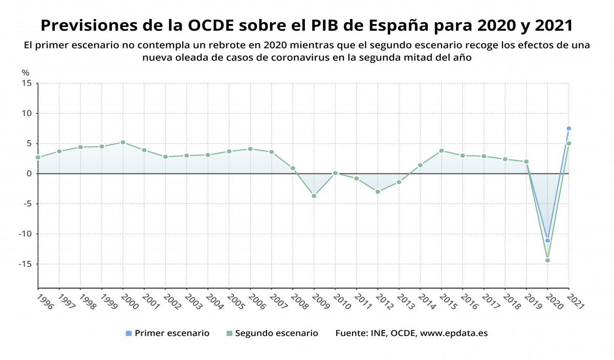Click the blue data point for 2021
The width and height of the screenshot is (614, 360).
click(568, 128)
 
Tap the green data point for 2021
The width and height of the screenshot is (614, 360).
click(568, 144)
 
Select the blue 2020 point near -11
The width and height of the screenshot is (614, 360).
click(547, 240)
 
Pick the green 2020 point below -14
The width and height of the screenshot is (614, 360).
click(547, 260)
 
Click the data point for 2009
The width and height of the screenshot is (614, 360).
click(314, 196)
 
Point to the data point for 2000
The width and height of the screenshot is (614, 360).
click(123, 142)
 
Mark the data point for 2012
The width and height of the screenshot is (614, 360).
click(378, 192)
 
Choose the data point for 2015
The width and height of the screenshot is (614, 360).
click(441, 151)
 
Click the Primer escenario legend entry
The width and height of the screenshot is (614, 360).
click(167, 333)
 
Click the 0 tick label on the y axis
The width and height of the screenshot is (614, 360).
click(30, 174)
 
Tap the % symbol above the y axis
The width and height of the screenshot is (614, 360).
click(26, 73)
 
